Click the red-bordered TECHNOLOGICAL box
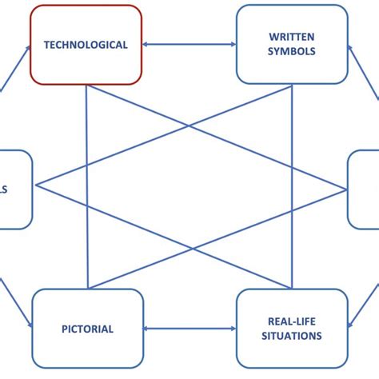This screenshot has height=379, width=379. tap(86, 44)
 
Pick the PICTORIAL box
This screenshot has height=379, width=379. tap(87, 329)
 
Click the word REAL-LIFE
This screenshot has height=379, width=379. tap(292, 321)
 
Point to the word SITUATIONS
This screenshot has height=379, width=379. tap(292, 336)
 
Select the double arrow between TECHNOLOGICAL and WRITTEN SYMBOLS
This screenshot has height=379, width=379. tap(189, 45)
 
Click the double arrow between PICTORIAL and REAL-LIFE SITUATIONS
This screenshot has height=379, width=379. tap(189, 329)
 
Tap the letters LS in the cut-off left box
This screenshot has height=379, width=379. tap(4, 189)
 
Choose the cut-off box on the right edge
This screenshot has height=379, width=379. tap(364, 189)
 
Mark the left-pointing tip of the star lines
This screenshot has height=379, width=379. tap(37, 187)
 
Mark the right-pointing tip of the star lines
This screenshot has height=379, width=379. tap(345, 189)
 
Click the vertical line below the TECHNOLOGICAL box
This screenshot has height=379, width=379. tap(86, 184)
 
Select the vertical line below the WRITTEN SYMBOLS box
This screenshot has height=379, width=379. tap(292, 184)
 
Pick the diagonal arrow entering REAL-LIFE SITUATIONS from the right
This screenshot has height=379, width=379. tap(364, 308)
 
